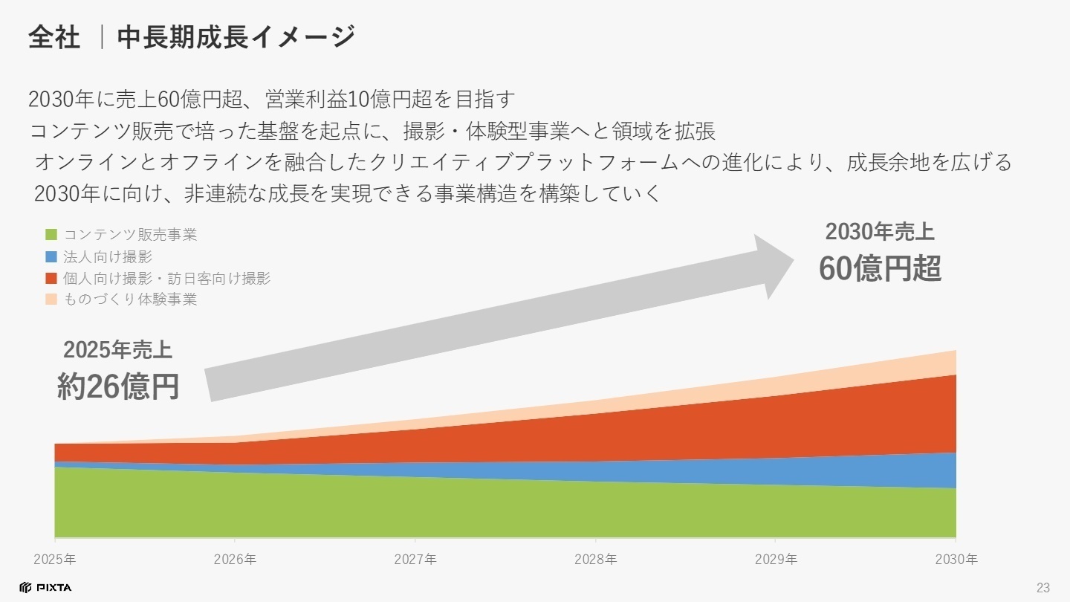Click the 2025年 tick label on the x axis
click(x=55, y=559)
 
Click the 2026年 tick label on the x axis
click(x=235, y=559)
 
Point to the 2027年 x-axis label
click(x=415, y=559)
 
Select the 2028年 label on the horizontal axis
click(x=595, y=559)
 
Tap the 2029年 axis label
click(x=776, y=559)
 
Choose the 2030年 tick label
click(x=956, y=559)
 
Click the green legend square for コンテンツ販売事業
click(x=51, y=236)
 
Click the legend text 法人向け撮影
click(x=108, y=257)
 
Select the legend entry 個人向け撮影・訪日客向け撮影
click(x=166, y=279)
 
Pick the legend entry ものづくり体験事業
click(x=130, y=300)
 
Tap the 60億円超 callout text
click(x=880, y=269)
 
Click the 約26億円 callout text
click(x=118, y=386)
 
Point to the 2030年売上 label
click(x=880, y=233)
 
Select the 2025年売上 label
click(x=118, y=350)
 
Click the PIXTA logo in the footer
click(x=46, y=588)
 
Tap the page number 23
click(x=1043, y=588)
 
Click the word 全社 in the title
click(x=54, y=37)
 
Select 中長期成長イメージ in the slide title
click(x=236, y=37)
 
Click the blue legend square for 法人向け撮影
click(x=51, y=257)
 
